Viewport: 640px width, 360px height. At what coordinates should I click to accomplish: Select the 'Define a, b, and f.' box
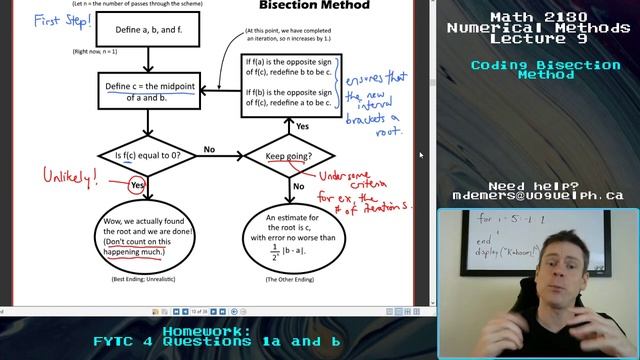click(x=149, y=31)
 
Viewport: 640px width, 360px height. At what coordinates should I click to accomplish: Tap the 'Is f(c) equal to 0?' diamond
click(x=149, y=155)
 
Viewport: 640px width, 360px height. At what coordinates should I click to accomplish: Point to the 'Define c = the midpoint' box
click(x=149, y=92)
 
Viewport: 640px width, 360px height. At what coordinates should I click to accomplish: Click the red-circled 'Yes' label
click(x=138, y=185)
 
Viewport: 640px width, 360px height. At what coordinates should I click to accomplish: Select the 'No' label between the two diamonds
click(x=210, y=149)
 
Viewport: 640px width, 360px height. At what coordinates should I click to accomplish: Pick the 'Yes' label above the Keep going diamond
click(x=302, y=126)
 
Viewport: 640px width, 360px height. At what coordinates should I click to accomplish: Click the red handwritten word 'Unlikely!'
click(x=70, y=176)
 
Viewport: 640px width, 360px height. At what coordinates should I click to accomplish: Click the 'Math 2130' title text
click(x=538, y=17)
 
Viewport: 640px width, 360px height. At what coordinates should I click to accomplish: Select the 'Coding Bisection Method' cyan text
click(x=538, y=70)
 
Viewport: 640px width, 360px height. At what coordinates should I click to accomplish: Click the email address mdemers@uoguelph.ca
click(x=538, y=197)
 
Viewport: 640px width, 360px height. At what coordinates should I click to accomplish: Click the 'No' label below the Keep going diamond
click(x=299, y=185)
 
